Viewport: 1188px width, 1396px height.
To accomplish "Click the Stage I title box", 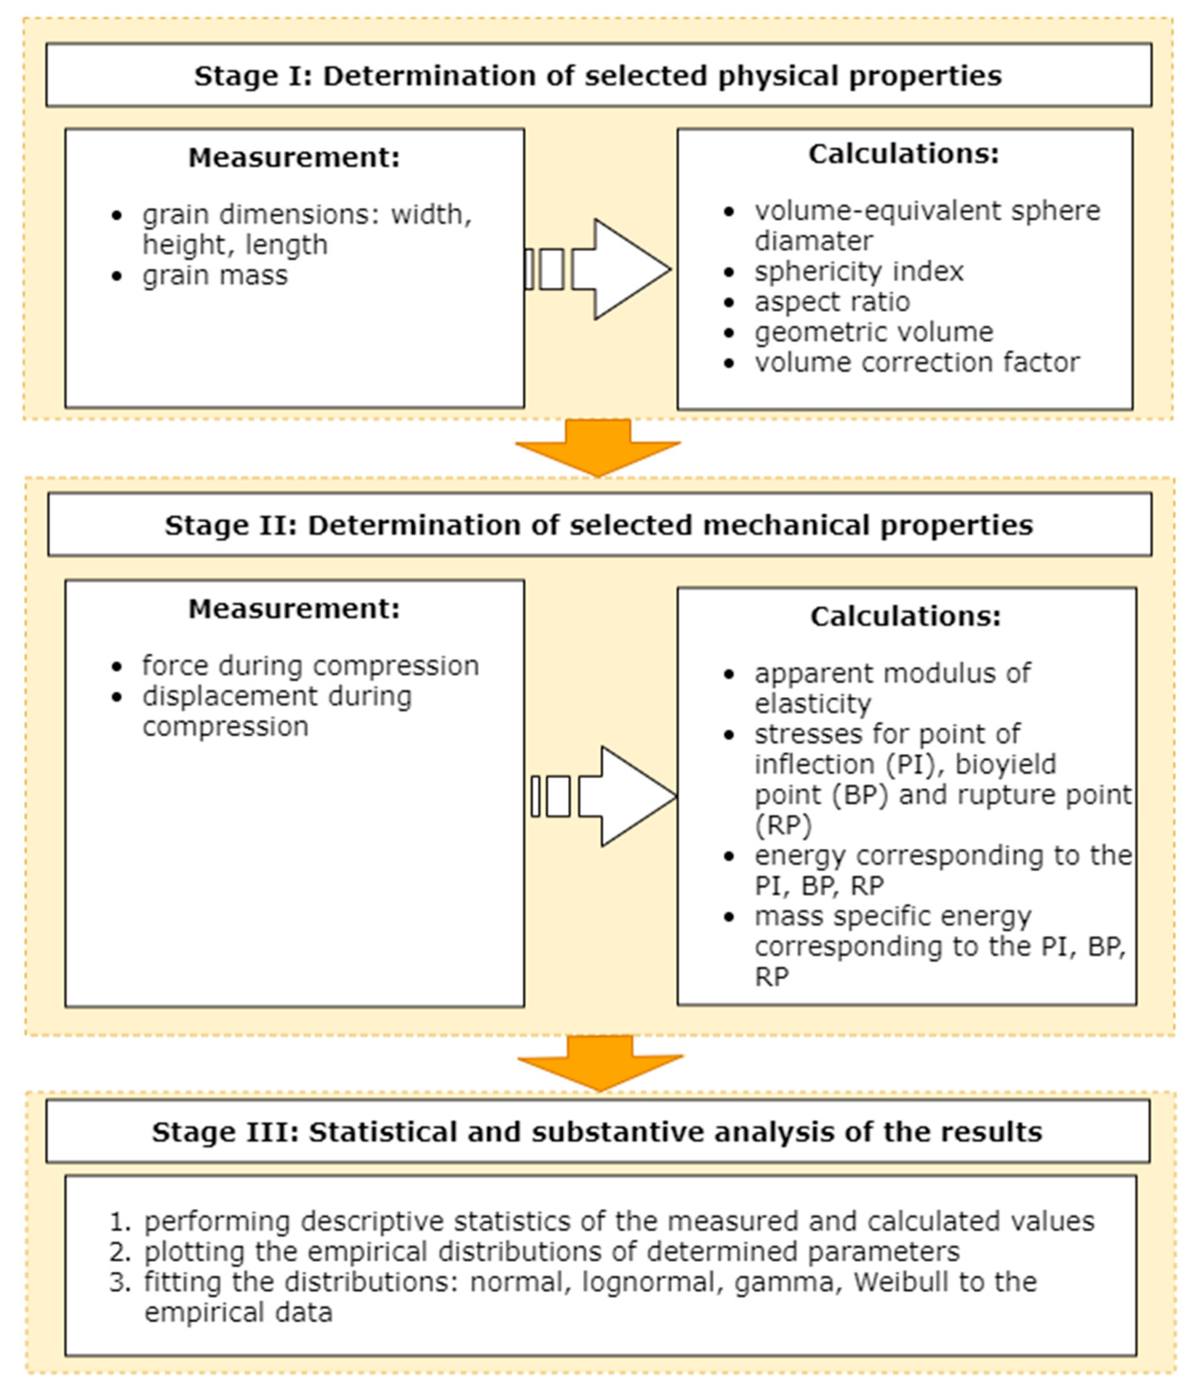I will pos(598,75).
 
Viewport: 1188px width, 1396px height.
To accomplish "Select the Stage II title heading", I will pos(599,525).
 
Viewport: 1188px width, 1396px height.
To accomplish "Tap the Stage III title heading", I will pos(597,1132).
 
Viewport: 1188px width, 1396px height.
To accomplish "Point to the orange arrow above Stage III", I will pos(600,1061).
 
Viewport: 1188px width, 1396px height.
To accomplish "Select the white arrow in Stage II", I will pos(626,797).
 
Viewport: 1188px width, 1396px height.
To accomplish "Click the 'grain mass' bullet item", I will pos(215,275).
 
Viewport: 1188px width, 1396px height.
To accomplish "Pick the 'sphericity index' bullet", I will pos(859,271).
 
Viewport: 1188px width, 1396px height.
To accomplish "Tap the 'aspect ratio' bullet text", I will pos(832,302).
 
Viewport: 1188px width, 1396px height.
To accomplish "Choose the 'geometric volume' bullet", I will pos(874,332).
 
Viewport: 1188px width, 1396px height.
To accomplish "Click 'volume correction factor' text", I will pos(917,362).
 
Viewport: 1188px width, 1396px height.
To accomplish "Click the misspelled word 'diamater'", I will pos(813,241).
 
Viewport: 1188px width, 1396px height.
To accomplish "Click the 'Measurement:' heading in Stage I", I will pos(294,158).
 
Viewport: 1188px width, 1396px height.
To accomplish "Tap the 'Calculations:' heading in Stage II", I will pos(905,616).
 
